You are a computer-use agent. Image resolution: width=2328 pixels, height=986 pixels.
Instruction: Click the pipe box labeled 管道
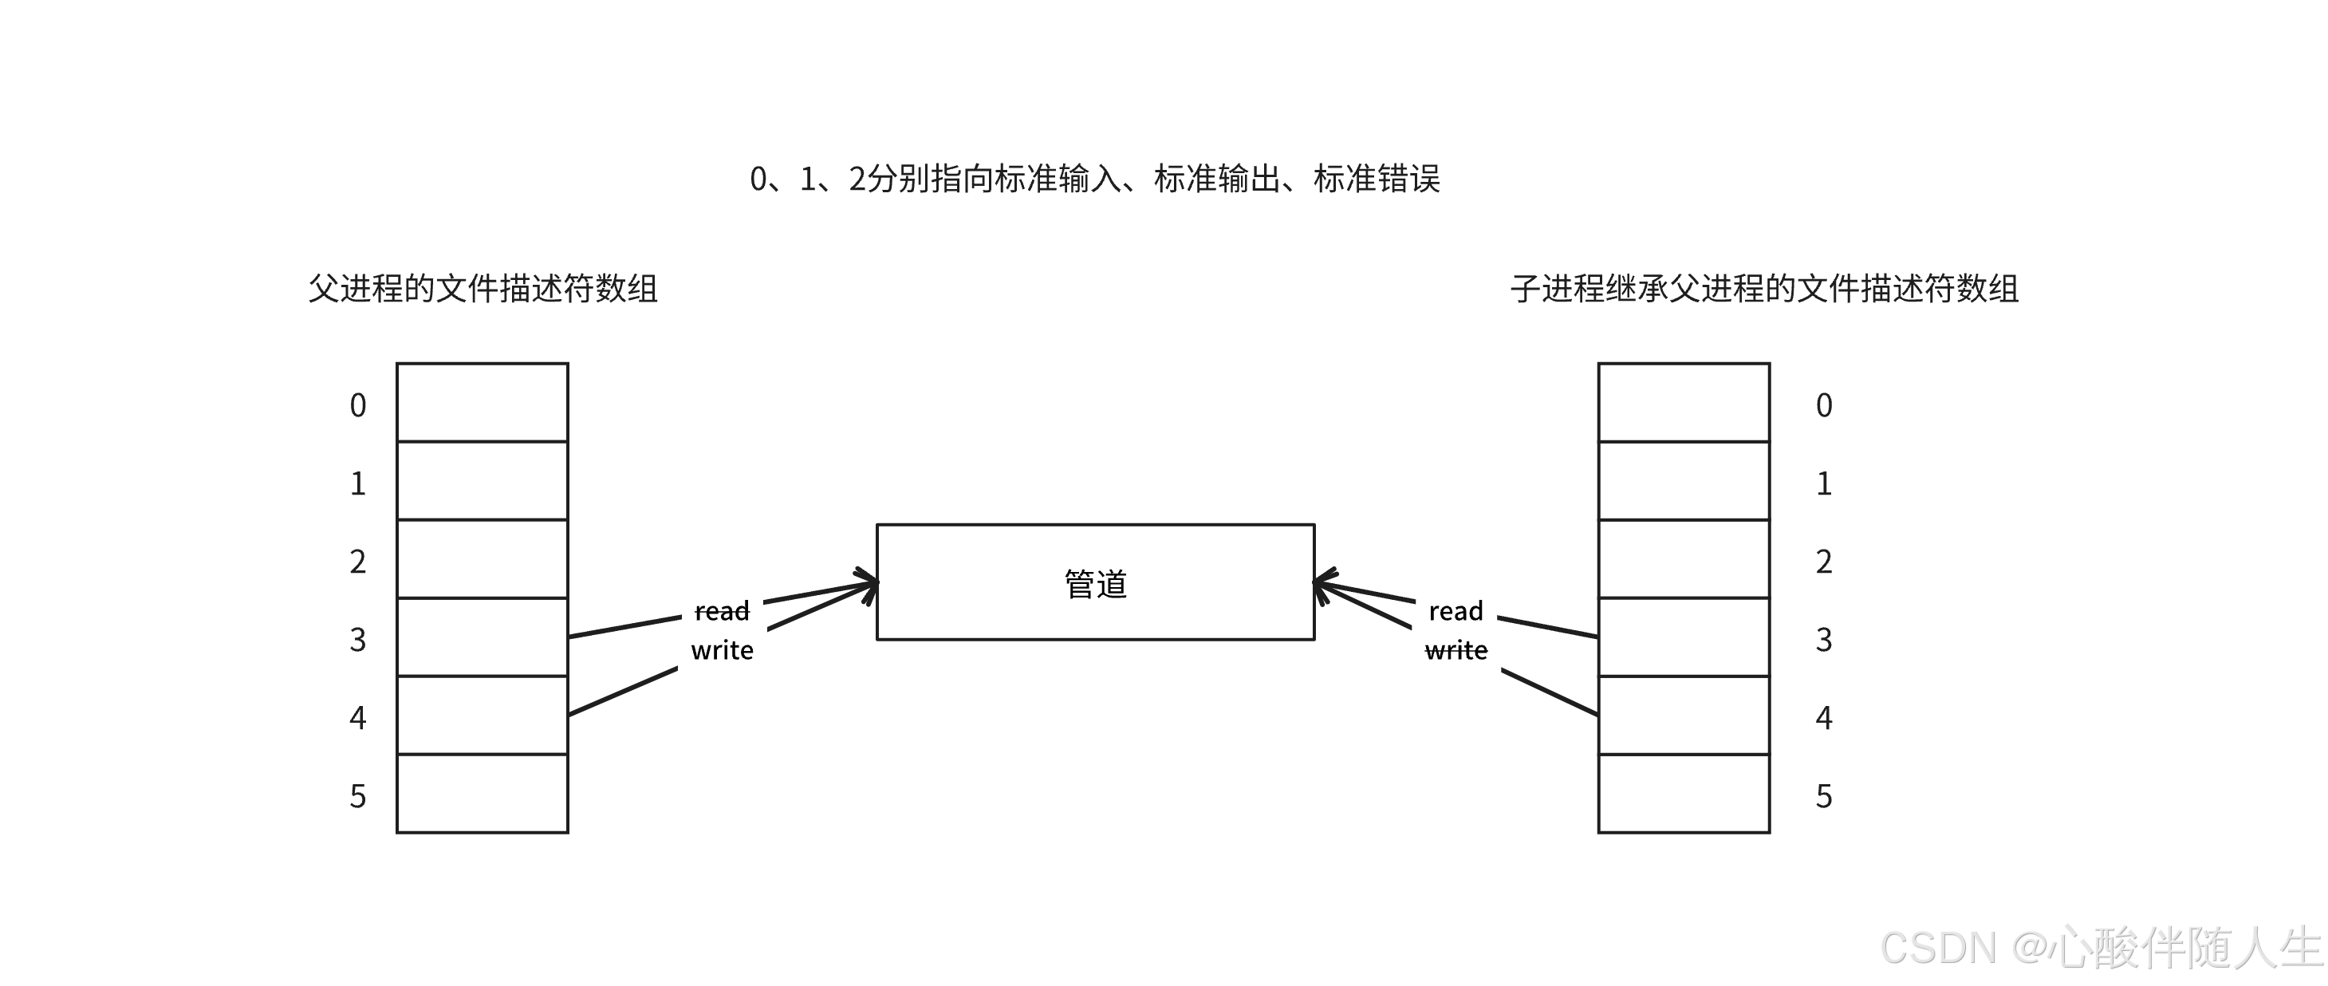(1095, 582)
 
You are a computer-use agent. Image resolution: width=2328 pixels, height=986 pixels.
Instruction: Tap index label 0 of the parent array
(358, 405)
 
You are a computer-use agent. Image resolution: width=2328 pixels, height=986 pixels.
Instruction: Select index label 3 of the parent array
(358, 640)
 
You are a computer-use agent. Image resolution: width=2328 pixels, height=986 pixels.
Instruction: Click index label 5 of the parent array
(358, 796)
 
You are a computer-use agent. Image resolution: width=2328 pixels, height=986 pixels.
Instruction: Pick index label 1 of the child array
(1824, 483)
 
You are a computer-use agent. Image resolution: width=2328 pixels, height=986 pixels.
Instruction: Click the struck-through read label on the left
(722, 612)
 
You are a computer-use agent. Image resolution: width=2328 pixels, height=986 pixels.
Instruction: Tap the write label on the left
(722, 651)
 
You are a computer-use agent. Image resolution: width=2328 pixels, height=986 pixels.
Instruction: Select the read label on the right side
(1456, 612)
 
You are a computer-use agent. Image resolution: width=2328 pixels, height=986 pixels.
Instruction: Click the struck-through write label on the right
(1456, 651)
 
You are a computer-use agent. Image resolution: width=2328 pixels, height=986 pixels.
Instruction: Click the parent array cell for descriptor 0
(483, 402)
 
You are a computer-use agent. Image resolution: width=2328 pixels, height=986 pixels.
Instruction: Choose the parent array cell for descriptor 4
(483, 715)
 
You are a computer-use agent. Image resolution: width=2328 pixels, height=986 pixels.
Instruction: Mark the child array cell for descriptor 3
(1684, 637)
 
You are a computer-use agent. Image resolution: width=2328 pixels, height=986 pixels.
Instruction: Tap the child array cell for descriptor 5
(1684, 794)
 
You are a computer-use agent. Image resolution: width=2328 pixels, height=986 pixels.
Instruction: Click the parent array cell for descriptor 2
(483, 558)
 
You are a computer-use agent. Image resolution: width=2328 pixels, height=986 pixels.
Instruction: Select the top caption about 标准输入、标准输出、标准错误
(1094, 179)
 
